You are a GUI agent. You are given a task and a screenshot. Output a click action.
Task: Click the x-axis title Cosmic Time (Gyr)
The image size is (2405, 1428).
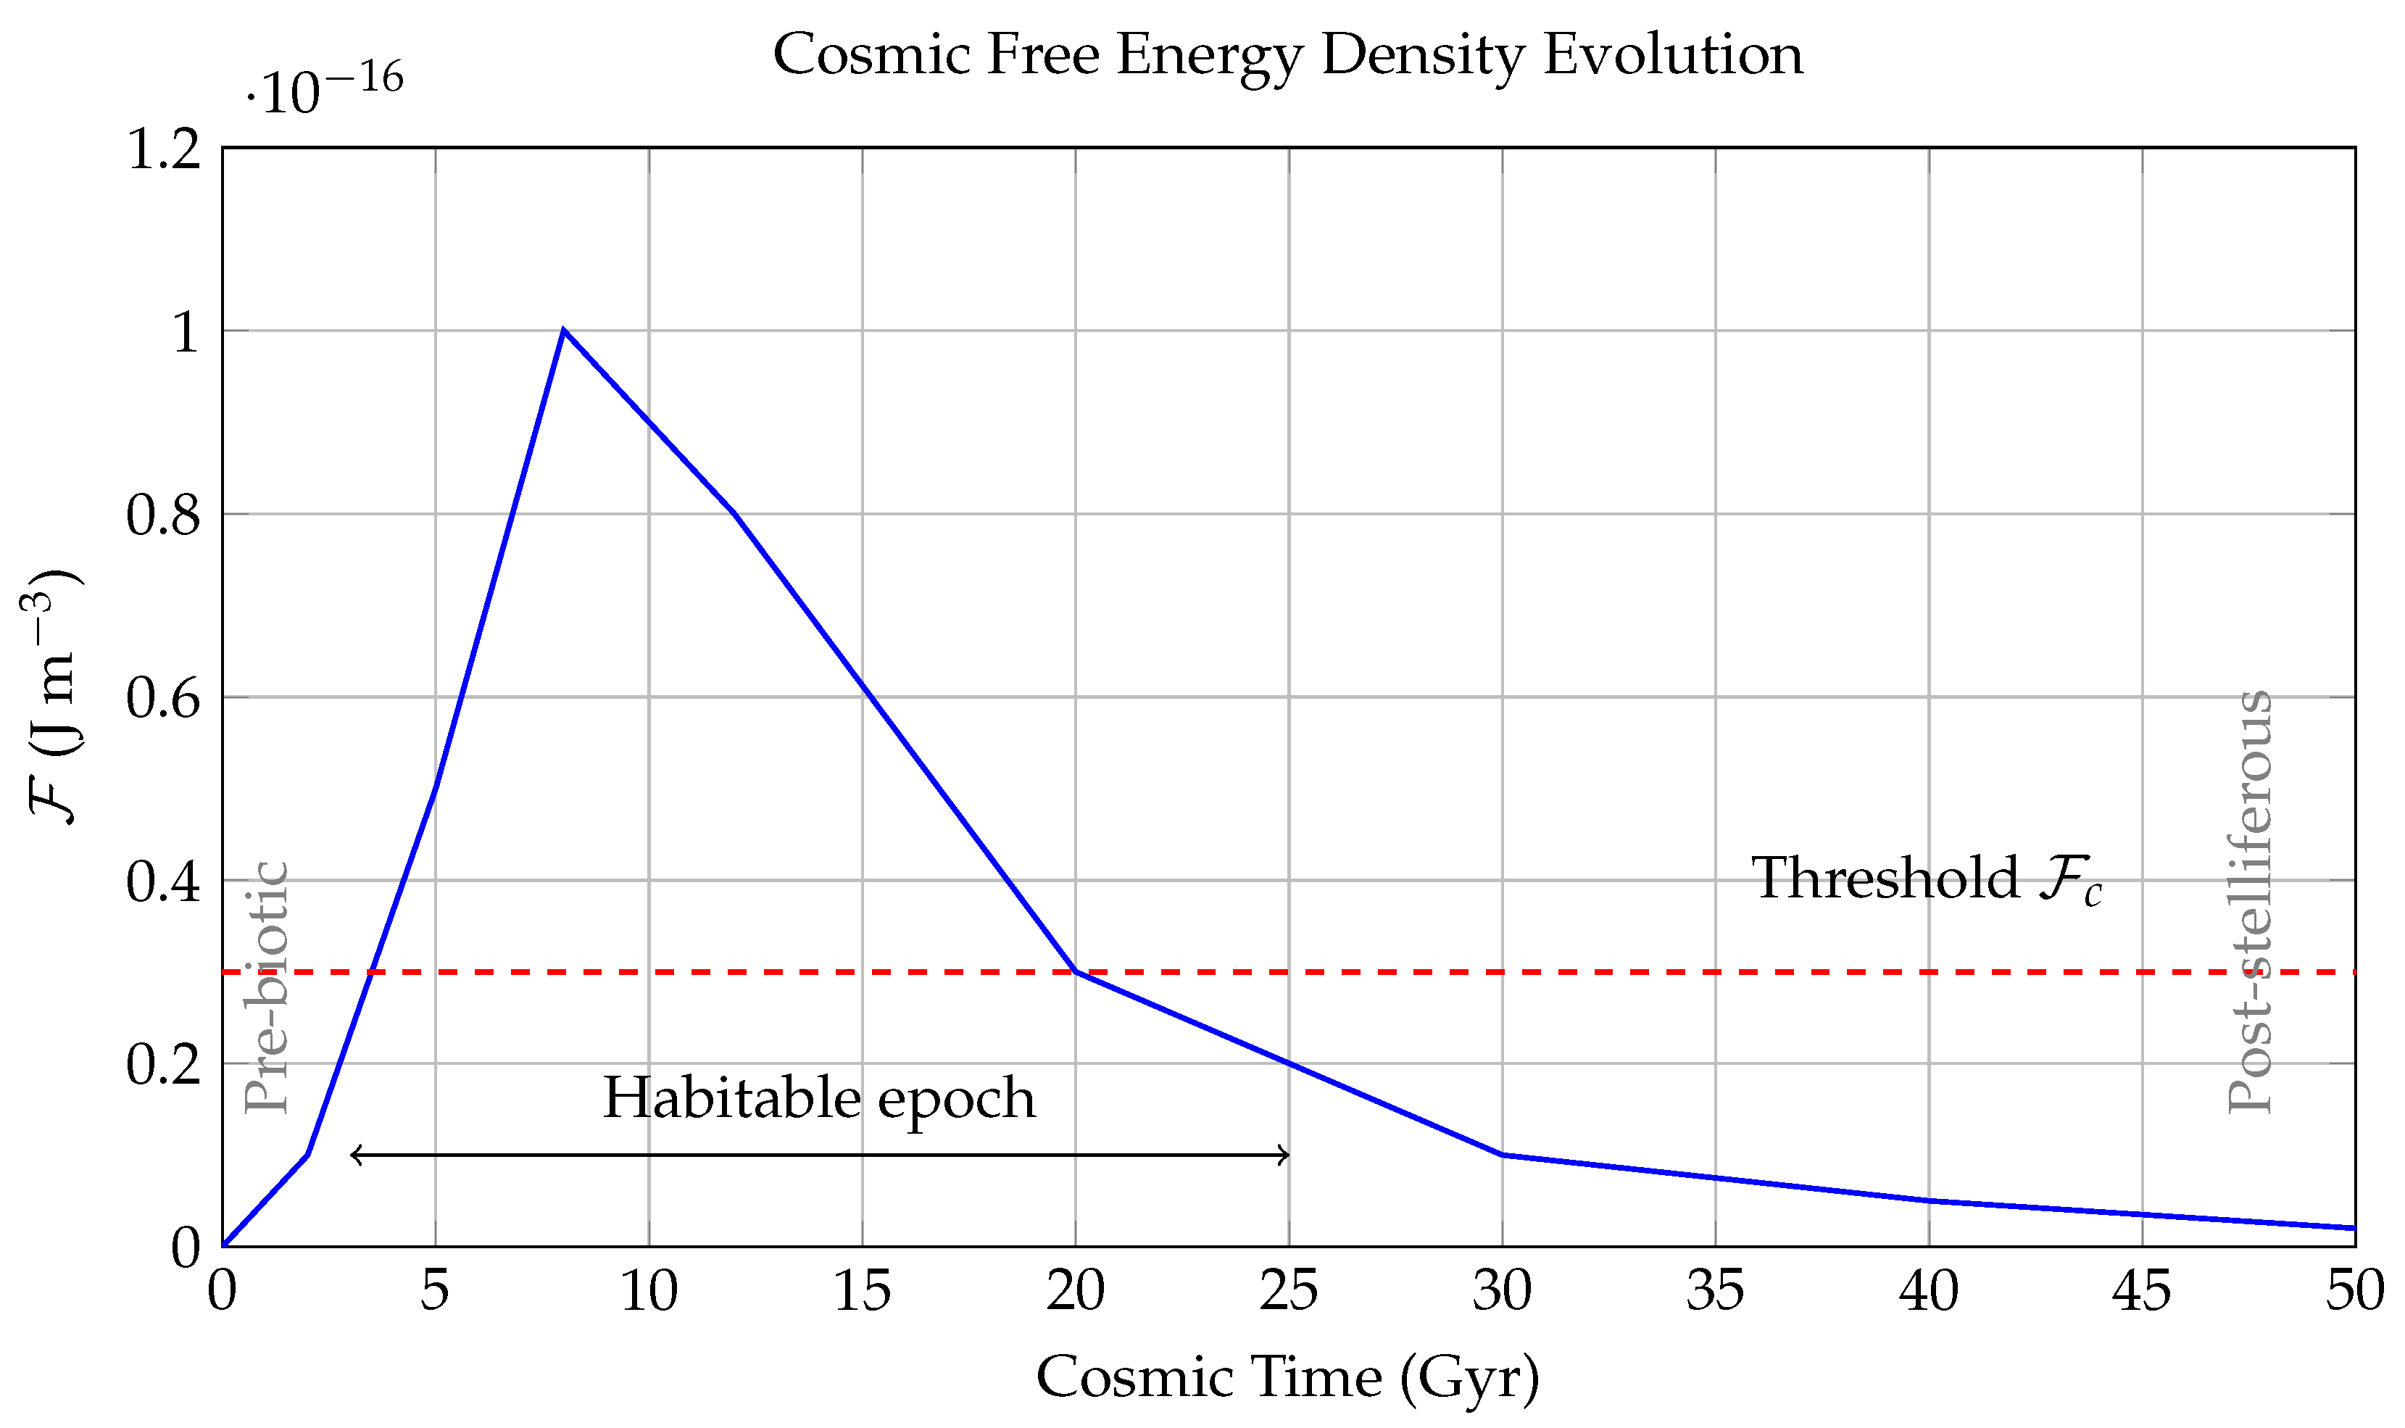pyautogui.click(x=1287, y=1377)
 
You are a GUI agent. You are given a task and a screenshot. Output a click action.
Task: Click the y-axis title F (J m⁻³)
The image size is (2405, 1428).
pyautogui.click(x=53, y=697)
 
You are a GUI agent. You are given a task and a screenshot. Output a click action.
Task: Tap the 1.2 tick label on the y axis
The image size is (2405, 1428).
pyautogui.click(x=164, y=149)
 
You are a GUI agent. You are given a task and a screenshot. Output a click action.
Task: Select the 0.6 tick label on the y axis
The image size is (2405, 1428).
pyautogui.click(x=164, y=697)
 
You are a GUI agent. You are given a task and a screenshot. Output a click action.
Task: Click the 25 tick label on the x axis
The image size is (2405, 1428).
pyautogui.click(x=1288, y=1291)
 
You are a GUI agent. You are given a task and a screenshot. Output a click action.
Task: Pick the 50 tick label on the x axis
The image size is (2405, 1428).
pyautogui.click(x=2354, y=1291)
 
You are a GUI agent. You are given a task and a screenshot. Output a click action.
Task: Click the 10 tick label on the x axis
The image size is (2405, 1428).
pyautogui.click(x=649, y=1291)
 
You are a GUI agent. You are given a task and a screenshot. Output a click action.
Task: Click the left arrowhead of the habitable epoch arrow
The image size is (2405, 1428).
pyautogui.click(x=353, y=1155)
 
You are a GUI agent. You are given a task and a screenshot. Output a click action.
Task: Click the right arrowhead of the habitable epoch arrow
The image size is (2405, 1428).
pyautogui.click(x=1286, y=1155)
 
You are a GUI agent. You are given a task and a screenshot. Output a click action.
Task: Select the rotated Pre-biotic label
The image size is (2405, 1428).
pyautogui.click(x=267, y=987)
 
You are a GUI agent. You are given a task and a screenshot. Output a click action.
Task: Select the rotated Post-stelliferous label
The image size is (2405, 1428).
pyautogui.click(x=2249, y=902)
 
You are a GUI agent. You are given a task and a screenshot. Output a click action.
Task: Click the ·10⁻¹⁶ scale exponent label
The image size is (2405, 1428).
pyautogui.click(x=324, y=89)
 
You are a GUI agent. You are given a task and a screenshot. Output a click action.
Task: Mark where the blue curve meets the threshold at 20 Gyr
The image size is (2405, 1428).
pyautogui.click(x=1076, y=972)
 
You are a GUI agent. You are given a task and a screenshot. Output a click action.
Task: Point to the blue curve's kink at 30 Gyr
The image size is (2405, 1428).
pyautogui.click(x=1502, y=1155)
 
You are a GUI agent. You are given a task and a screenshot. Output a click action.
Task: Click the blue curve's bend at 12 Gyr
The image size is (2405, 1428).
pyautogui.click(x=734, y=513)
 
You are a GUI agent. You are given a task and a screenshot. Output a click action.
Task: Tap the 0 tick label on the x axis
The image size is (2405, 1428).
pyautogui.click(x=223, y=1291)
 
